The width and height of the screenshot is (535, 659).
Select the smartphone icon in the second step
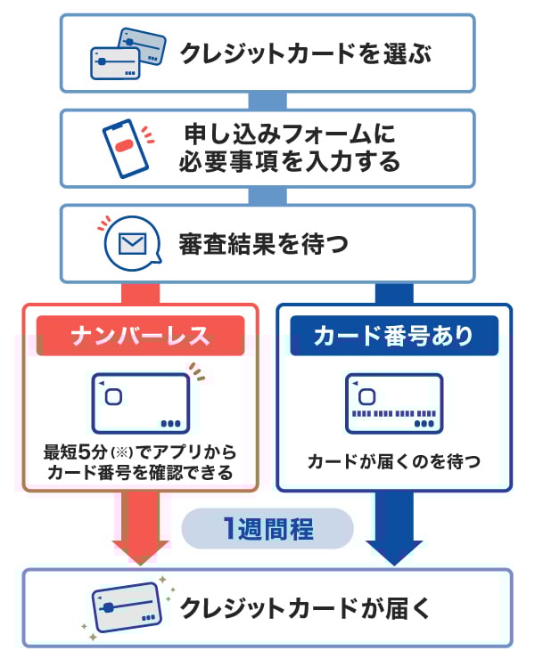(126, 146)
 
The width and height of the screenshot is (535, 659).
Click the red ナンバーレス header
(140, 336)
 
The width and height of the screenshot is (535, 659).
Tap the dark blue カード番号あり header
(393, 336)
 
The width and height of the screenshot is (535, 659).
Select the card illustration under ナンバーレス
(140, 402)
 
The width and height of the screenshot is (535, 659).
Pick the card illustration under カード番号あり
(393, 402)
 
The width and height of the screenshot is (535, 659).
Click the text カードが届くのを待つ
(393, 461)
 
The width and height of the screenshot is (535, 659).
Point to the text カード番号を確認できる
(141, 473)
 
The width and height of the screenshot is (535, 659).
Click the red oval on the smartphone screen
(124, 146)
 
